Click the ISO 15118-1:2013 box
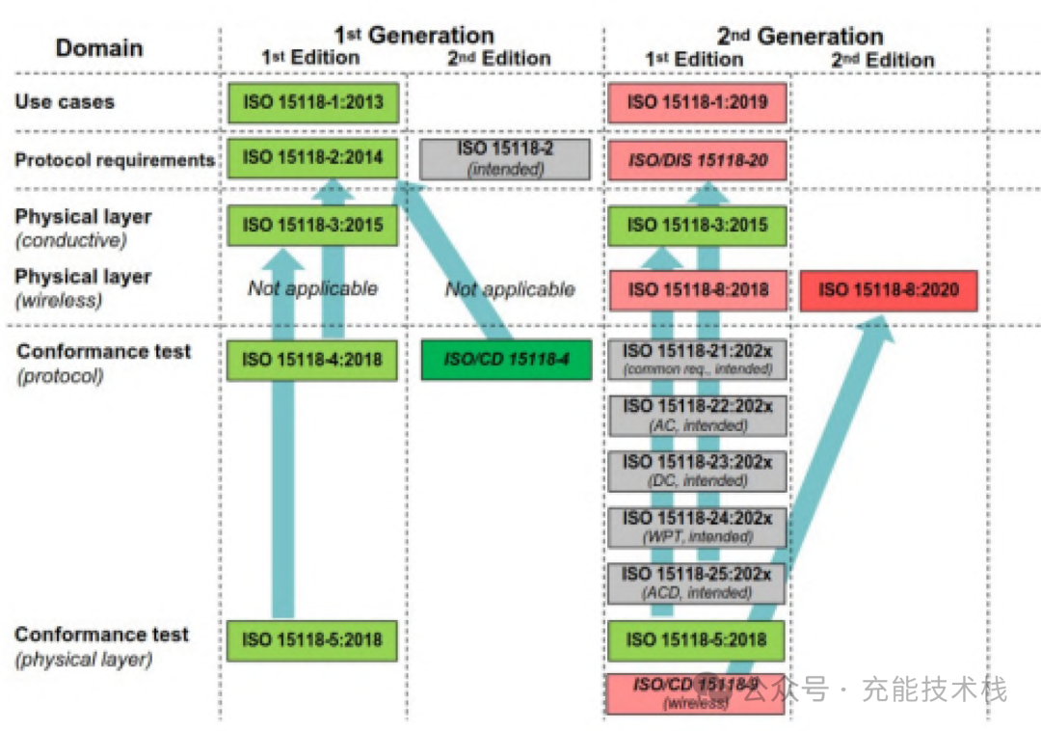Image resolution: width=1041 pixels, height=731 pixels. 312,101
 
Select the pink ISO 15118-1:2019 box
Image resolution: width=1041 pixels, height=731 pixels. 697,101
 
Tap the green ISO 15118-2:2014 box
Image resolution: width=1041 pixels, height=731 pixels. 312,158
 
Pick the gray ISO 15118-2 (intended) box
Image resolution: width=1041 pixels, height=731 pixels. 505,158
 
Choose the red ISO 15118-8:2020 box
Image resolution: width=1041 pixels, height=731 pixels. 889,290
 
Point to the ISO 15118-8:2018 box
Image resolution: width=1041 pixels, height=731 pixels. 697,290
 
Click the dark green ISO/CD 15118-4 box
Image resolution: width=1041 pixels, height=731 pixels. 505,360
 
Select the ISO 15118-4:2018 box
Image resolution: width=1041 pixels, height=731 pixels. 312,360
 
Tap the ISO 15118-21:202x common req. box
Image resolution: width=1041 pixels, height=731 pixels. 697,359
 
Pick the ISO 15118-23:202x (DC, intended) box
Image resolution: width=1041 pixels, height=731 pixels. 697,471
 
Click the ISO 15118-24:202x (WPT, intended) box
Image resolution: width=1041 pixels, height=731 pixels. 697,527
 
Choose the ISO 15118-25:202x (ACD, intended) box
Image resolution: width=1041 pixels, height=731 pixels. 697,582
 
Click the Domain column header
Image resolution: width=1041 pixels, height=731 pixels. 99,48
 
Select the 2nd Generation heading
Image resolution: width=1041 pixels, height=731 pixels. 800,37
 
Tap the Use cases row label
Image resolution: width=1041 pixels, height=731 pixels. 65,101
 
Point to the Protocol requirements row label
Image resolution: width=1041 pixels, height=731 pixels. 114,160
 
